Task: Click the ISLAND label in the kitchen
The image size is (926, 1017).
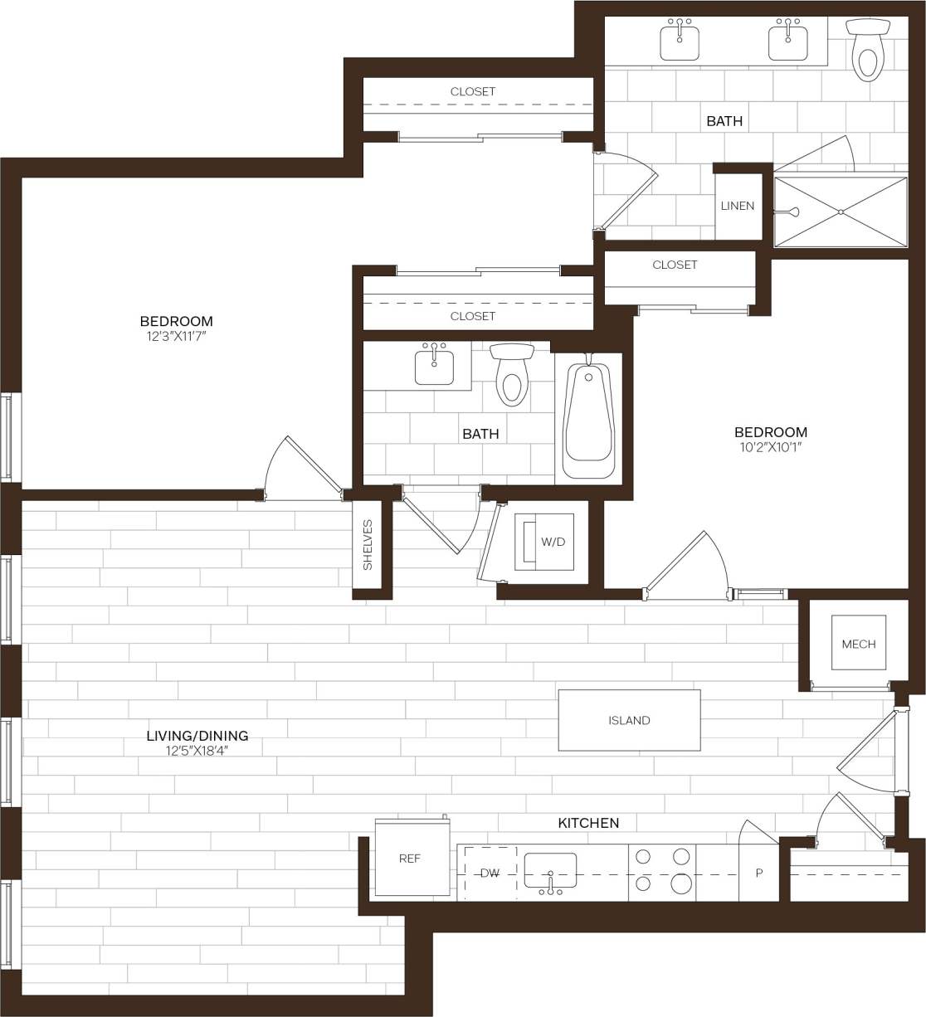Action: [x=629, y=720]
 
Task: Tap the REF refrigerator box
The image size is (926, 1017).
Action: [x=410, y=859]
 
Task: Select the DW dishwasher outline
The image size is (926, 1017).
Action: [x=490, y=873]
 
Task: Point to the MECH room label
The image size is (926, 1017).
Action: [x=858, y=644]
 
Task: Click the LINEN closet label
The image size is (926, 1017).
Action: [x=738, y=206]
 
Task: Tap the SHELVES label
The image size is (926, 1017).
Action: [x=368, y=545]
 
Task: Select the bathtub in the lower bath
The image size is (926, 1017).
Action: [x=588, y=417]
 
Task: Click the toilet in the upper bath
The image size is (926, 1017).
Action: [x=867, y=51]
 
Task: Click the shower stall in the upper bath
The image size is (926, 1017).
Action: [x=841, y=211]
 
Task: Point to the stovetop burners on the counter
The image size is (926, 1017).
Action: [x=662, y=871]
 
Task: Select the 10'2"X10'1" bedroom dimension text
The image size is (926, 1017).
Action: [x=770, y=447]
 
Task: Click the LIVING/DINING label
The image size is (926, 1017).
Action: [x=197, y=735]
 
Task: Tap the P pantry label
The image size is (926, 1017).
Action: [x=759, y=873]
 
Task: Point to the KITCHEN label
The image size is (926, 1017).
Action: [x=588, y=823]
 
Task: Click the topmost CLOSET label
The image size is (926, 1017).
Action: [x=473, y=91]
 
